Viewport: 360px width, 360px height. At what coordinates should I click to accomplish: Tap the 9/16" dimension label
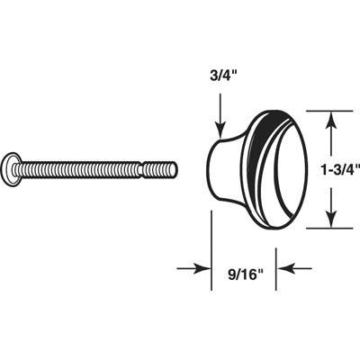point(244,267)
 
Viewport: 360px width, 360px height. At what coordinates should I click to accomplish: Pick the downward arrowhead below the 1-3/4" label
point(332,217)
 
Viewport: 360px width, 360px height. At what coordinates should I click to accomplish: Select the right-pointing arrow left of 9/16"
point(192,267)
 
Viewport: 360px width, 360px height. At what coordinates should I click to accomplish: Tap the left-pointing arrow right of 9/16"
point(297,267)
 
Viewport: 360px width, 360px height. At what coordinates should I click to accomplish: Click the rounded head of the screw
point(11,168)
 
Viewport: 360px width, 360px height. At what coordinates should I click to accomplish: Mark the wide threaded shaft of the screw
point(81,168)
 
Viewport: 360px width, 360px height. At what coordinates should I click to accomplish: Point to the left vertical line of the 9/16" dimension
point(212,243)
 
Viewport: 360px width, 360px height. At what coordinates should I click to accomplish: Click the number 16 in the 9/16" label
point(249,267)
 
